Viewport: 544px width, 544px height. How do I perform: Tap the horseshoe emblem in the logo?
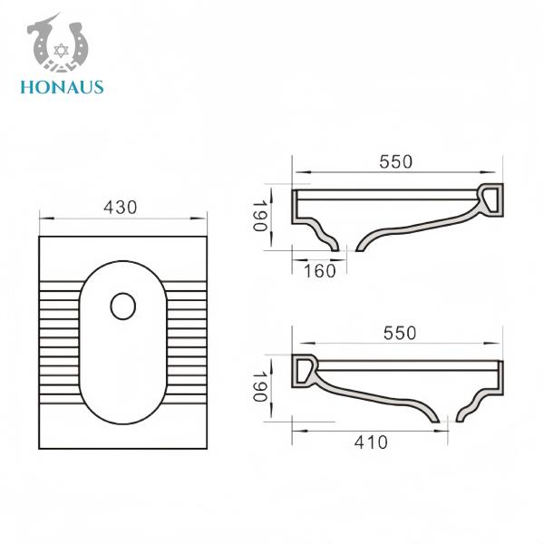tap(62, 46)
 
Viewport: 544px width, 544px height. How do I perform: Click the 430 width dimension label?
tap(120, 207)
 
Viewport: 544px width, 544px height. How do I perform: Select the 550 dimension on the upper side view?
tap(395, 161)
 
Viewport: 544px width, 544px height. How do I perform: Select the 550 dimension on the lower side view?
tap(399, 333)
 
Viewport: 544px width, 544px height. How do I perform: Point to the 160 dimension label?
tap(319, 270)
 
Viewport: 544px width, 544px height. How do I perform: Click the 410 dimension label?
tap(371, 442)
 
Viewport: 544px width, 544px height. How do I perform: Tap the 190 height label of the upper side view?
tap(260, 216)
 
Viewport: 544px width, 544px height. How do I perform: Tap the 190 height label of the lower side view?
tap(260, 387)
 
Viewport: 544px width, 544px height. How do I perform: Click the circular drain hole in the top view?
tap(121, 306)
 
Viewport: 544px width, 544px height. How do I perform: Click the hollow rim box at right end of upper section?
tap(491, 199)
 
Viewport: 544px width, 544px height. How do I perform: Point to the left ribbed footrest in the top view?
tap(60, 342)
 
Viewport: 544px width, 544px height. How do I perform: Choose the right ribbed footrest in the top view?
tap(184, 342)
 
